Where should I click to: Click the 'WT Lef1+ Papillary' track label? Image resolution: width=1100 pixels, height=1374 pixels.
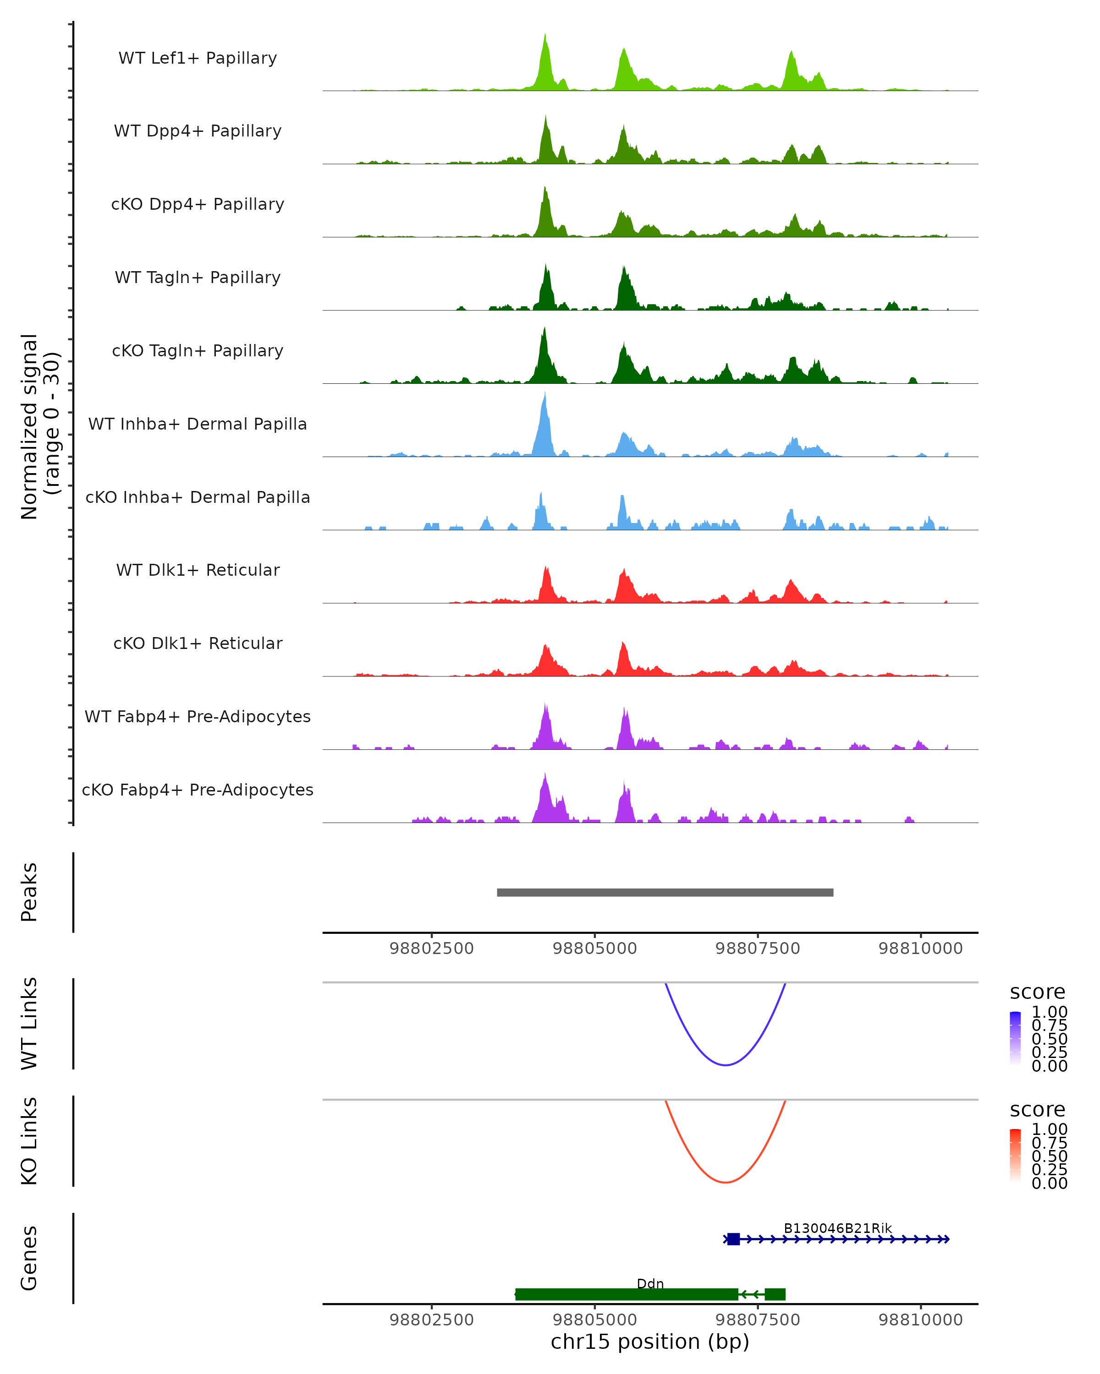198,58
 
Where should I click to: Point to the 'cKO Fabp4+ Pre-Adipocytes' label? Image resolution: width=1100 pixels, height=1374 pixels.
198,790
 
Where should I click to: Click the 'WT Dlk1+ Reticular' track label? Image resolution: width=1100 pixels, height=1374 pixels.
198,570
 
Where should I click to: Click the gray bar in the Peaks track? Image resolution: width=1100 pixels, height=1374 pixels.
665,892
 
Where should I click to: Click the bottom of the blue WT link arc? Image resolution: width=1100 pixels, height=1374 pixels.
725,1064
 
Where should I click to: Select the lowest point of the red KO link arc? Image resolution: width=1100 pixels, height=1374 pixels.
725,1182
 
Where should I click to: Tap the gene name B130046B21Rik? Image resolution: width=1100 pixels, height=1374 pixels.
837,1228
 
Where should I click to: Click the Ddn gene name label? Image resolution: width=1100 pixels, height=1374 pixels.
650,1283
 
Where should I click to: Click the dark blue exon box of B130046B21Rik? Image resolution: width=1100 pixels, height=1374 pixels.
733,1239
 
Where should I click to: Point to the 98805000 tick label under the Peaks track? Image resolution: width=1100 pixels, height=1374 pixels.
594,949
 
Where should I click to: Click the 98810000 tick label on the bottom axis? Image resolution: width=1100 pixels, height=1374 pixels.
920,1320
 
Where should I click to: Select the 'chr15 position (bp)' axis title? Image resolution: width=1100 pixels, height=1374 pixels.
650,1342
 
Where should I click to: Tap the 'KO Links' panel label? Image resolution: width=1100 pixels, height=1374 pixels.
29,1141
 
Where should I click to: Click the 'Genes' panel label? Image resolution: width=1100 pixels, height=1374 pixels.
29,1258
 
